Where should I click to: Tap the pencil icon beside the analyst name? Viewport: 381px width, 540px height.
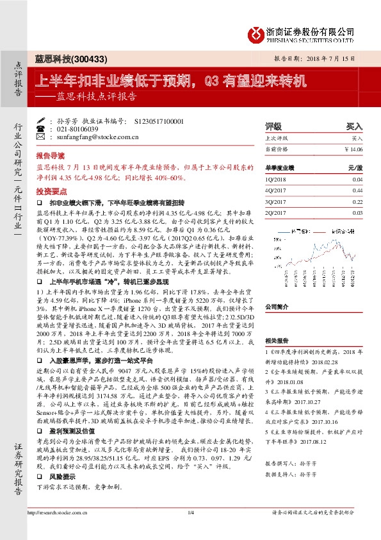pyautogui.click(x=41, y=121)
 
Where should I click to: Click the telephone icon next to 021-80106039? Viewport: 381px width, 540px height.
pyautogui.click(x=41, y=128)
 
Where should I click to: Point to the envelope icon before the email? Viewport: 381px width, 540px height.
pyautogui.click(x=41, y=137)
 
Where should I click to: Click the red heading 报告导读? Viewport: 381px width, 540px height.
pyautogui.click(x=50, y=156)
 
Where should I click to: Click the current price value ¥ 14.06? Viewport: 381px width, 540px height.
pyautogui.click(x=353, y=149)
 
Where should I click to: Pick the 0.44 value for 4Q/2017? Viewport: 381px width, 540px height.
pyautogui.click(x=357, y=190)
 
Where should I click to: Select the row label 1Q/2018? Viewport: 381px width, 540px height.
pyautogui.click(x=275, y=180)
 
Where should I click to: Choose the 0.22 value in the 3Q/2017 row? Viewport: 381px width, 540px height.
pyautogui.click(x=357, y=201)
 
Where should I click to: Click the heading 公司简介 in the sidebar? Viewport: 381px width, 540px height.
pyautogui.click(x=278, y=307)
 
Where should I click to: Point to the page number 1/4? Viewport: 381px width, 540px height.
pyautogui.click(x=190, y=512)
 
